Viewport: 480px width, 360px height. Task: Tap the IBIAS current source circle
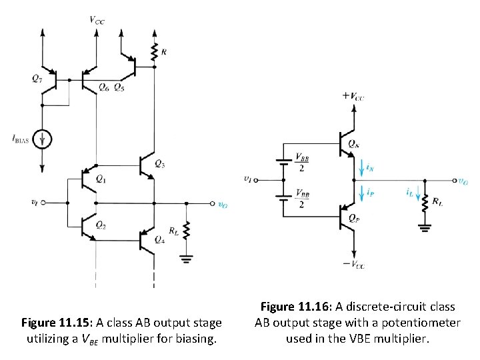[x=43, y=139]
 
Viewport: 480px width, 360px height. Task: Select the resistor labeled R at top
[x=154, y=51]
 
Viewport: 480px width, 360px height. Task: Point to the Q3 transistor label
[x=159, y=164]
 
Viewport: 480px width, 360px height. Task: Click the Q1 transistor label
[x=100, y=178]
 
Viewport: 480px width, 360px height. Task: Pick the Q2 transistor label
[x=100, y=225]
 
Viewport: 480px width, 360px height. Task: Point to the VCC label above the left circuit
[x=96, y=20]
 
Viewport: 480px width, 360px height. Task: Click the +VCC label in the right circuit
[x=353, y=96]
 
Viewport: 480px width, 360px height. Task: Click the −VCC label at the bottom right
[x=353, y=264]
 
